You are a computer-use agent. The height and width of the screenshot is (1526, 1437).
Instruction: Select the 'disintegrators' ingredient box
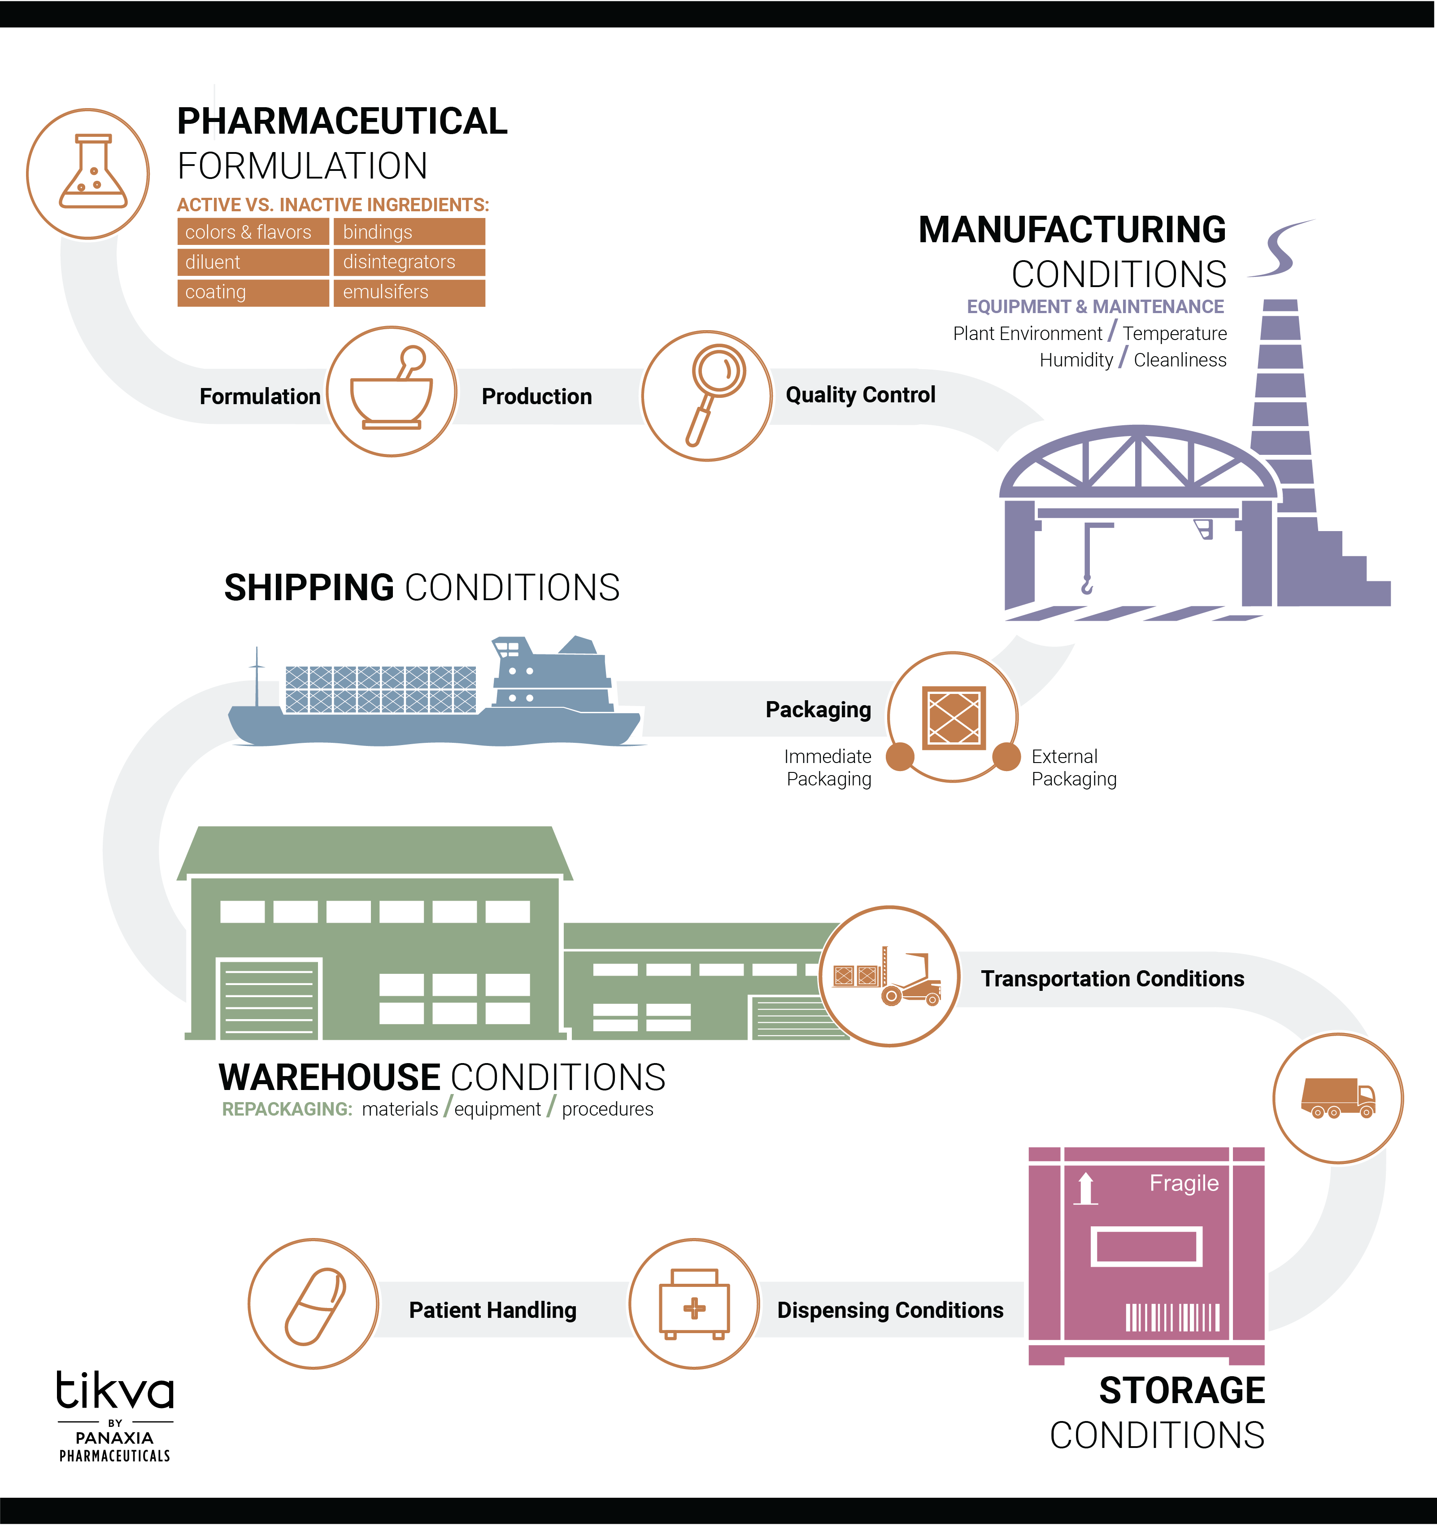click(409, 262)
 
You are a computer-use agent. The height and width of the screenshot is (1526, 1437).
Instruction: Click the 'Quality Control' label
click(860, 395)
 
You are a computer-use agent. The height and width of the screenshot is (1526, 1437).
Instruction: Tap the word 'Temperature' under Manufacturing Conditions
click(1175, 334)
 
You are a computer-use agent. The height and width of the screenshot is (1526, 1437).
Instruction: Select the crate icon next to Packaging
click(954, 717)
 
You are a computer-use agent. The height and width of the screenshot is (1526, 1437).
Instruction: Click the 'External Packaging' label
click(1073, 767)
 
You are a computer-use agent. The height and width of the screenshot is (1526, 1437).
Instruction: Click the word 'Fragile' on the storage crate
click(1184, 1183)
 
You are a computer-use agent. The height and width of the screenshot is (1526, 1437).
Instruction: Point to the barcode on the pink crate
click(1172, 1317)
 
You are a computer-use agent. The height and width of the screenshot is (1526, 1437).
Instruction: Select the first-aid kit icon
click(694, 1304)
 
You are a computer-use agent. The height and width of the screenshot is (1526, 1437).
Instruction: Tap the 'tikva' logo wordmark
click(115, 1391)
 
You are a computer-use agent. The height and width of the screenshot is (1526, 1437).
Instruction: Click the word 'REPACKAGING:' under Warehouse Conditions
click(286, 1109)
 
